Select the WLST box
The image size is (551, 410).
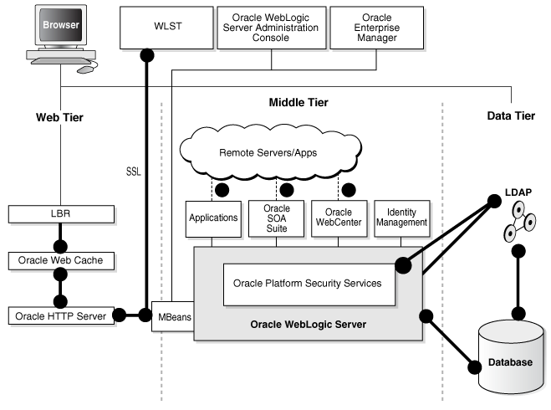162,27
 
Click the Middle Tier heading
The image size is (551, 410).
298,102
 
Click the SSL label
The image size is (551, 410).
134,171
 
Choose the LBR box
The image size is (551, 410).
60,214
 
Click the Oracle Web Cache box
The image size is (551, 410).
60,260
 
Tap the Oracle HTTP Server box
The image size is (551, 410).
60,315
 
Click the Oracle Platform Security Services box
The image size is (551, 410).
309,283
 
